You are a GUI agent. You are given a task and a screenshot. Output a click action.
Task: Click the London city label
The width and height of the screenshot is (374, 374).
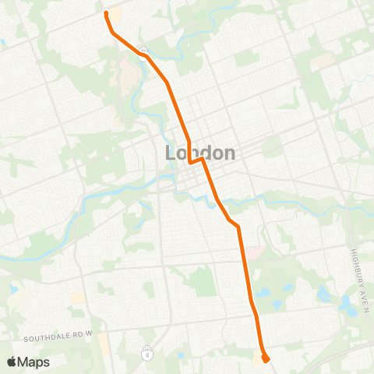(x=200, y=153)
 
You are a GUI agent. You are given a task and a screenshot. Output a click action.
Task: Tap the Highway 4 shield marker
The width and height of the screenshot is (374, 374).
(x=146, y=354)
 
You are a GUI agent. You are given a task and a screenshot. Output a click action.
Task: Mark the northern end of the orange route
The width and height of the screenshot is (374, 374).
(x=106, y=13)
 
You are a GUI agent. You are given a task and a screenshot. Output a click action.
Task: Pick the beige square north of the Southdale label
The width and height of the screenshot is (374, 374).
(x=76, y=298)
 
